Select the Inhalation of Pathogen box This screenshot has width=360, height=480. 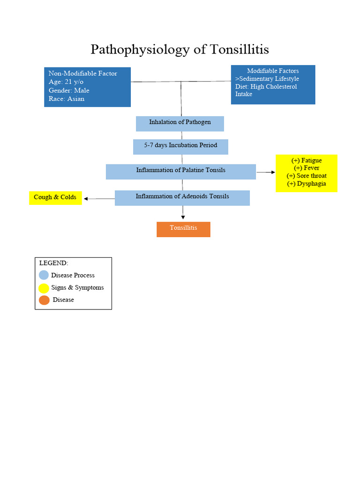tap(180, 123)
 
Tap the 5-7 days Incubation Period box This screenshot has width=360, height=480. tap(180, 146)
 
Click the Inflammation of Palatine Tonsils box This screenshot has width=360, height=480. tap(180, 171)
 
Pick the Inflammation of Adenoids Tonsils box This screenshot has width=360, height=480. tap(182, 197)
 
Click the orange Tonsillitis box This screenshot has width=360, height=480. tap(183, 229)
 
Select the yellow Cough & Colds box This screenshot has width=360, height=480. tap(55, 197)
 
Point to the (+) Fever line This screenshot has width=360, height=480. tap(307, 168)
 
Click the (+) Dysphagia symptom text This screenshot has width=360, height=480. tap(307, 184)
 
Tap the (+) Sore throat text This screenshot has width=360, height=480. tap(307, 176)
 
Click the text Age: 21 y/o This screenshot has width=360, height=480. tap(66, 82)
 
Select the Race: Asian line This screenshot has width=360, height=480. tap(67, 99)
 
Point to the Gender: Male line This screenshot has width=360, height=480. tap(69, 90)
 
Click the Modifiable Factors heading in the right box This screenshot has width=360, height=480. tap(273, 71)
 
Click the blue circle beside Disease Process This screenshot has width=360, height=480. tap(44, 275)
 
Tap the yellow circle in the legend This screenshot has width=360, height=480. tap(44, 288)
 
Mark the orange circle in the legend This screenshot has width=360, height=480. tap(44, 300)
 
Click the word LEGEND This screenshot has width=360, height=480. tap(53, 263)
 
